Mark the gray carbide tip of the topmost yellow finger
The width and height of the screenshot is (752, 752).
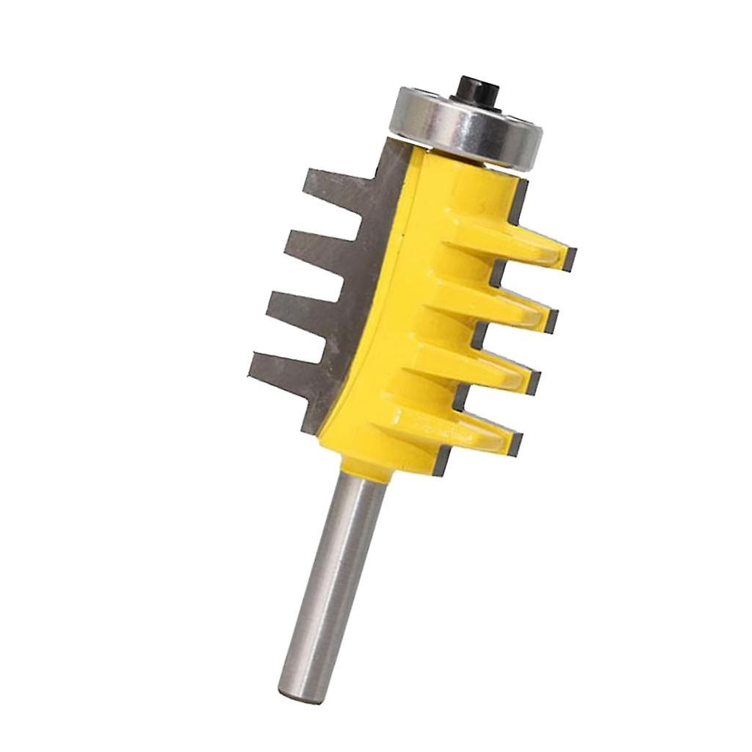tap(568, 256)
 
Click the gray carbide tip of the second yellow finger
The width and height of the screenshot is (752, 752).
tap(551, 319)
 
